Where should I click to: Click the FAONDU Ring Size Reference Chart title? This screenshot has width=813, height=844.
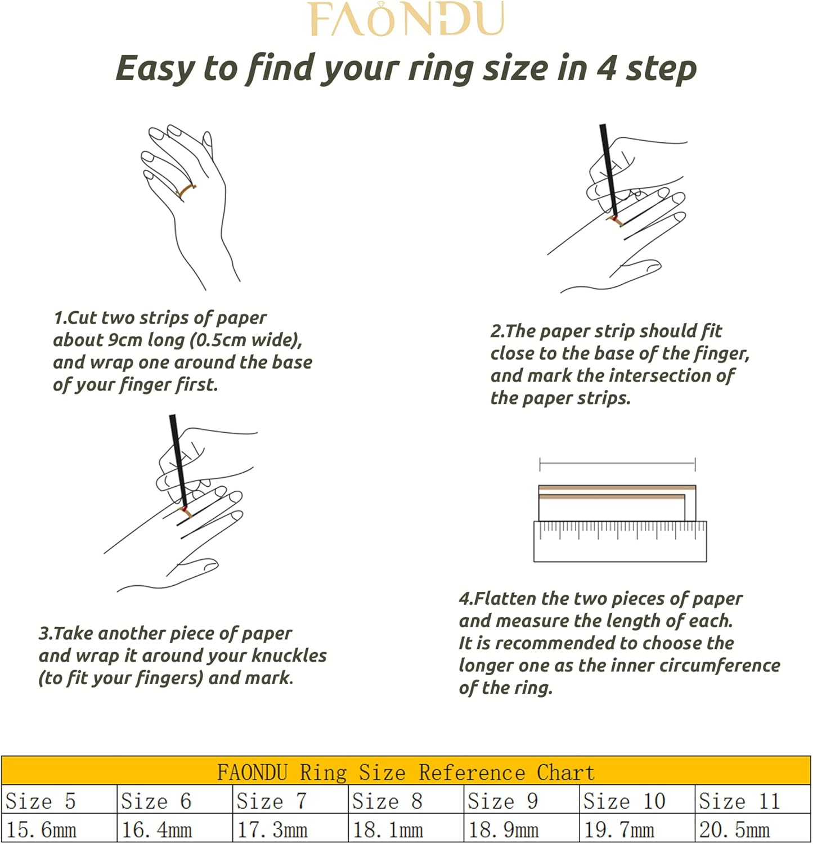tap(406, 773)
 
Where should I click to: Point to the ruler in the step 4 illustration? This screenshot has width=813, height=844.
tap(619, 542)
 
